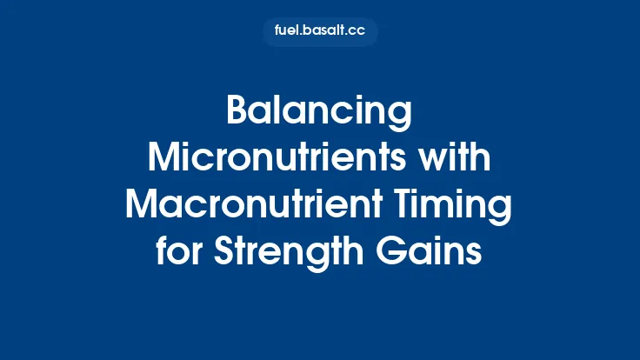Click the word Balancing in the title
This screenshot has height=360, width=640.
[319, 114]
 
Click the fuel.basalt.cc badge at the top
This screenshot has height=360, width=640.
[320, 31]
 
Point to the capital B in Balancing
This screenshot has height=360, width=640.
[237, 114]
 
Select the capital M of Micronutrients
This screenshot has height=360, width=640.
[164, 160]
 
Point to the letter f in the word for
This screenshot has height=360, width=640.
[163, 252]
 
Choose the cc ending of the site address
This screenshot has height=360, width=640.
[357, 31]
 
